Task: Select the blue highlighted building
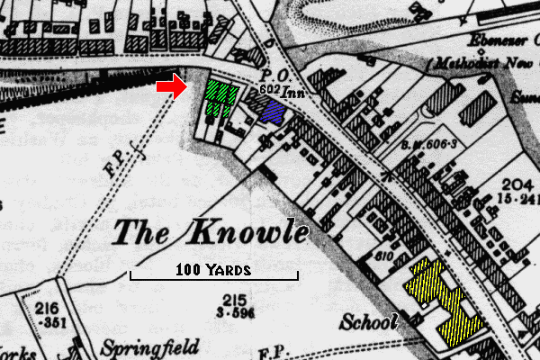(271, 111)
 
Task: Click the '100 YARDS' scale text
(214, 269)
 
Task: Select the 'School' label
(369, 322)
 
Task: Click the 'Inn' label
(293, 92)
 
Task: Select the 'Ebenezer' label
(500, 41)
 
